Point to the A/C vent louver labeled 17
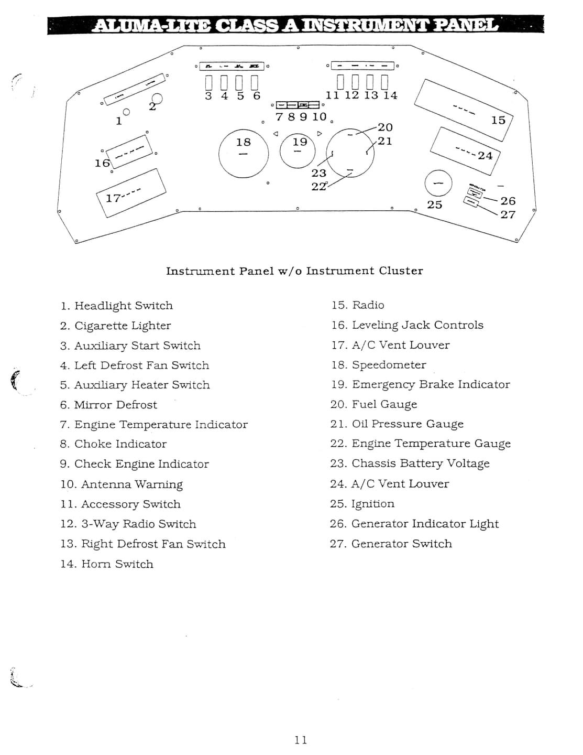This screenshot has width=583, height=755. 131,192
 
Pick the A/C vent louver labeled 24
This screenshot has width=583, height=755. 465,149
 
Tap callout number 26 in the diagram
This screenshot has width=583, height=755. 508,201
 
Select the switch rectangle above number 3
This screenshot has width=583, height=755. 208,83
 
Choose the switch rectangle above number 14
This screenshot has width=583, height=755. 385,82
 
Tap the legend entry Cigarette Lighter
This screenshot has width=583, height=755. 123,326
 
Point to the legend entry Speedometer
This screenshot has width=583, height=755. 389,365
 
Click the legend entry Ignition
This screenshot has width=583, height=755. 372,504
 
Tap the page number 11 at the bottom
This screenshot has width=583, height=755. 301,740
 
